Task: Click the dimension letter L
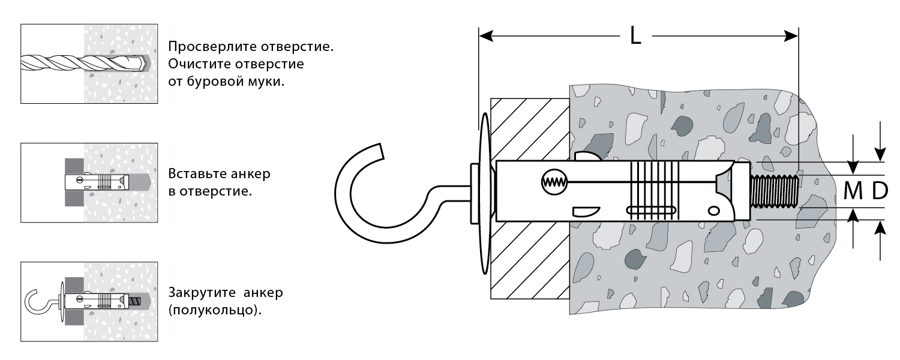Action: tap(636, 37)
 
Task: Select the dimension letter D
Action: tap(879, 191)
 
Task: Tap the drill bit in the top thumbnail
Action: tap(78, 62)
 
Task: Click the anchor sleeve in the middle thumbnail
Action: tap(96, 181)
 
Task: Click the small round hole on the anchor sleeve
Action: tap(713, 210)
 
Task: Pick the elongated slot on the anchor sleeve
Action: tap(651, 210)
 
